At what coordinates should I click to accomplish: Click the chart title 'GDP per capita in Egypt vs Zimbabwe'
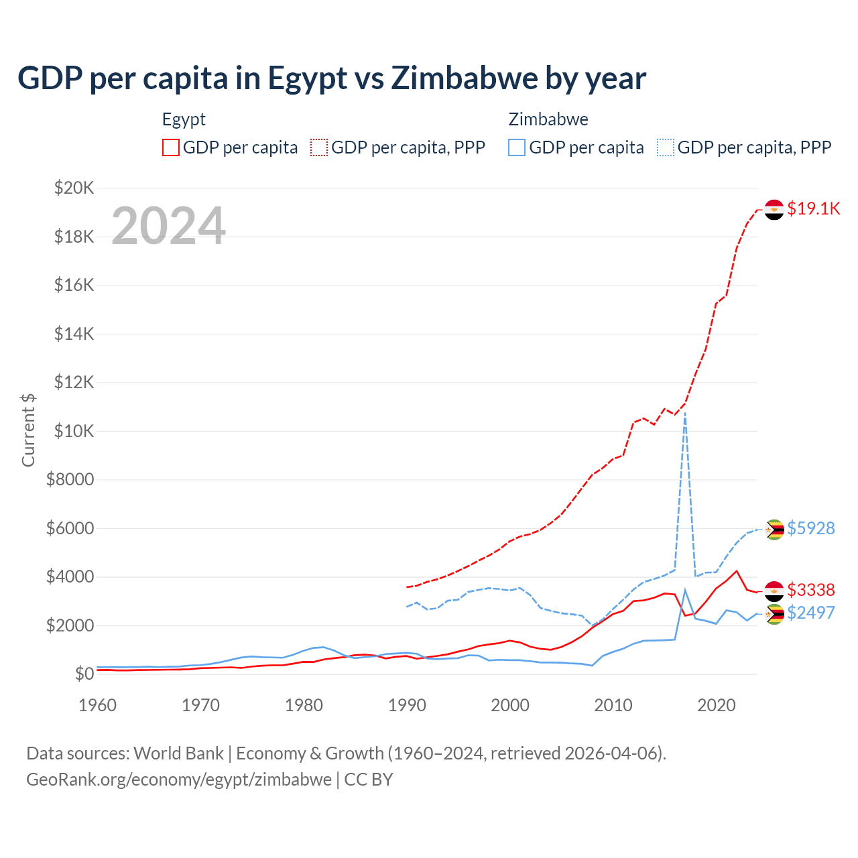[x=332, y=78]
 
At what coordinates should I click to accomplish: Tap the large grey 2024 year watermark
[x=168, y=226]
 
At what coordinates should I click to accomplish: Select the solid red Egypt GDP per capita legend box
[x=171, y=147]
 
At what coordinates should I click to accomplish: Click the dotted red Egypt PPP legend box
[x=319, y=147]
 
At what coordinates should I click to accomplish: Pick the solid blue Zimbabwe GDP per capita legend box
[x=517, y=147]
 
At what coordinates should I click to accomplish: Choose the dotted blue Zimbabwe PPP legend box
[x=666, y=147]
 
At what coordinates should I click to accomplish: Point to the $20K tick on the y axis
[x=74, y=188]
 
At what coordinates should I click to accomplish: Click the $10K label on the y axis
[x=74, y=431]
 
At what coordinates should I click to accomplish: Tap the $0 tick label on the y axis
[x=84, y=674]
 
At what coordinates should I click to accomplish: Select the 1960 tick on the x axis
[x=98, y=705]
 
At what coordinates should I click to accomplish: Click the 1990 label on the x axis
[x=407, y=705]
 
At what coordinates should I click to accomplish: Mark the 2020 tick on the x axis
[x=717, y=705]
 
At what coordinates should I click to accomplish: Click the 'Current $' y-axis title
[x=28, y=430]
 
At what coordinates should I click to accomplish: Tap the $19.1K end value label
[x=813, y=208]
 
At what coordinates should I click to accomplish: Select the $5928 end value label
[x=811, y=528]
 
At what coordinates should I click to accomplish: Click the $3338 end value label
[x=811, y=590]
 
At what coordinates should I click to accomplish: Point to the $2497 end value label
[x=811, y=613]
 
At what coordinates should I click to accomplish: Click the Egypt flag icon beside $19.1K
[x=774, y=210]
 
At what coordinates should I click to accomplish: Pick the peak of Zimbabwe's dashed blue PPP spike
[x=684, y=414]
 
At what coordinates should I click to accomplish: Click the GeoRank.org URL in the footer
[x=179, y=780]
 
